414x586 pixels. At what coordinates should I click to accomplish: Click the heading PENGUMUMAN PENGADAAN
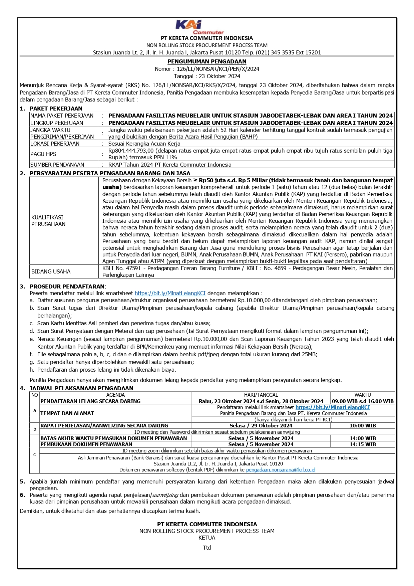pos(207,61)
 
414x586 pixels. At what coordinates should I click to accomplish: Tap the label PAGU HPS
pos(43,154)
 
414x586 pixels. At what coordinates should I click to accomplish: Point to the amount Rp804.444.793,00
pos(131,151)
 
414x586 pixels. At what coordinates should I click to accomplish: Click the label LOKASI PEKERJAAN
pos(55,144)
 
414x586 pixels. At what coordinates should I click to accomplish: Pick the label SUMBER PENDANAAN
pos(57,165)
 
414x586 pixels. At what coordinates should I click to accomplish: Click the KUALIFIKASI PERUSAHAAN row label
pos(48,221)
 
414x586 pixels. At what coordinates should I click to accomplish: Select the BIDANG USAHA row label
pos(51,271)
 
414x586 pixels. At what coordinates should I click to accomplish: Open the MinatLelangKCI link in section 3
pos(170,293)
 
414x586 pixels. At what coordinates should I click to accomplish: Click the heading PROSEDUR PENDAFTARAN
pos(67,286)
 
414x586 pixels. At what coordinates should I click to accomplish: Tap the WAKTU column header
pos(363,395)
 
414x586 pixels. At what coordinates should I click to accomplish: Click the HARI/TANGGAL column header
pos(261,395)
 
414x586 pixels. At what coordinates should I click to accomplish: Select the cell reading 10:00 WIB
pos(363,426)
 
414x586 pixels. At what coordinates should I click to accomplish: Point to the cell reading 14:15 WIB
pos(363,444)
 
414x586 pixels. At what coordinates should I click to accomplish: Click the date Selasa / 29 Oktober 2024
pos(261,426)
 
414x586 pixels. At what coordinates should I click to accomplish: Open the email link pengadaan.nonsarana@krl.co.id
pos(281,470)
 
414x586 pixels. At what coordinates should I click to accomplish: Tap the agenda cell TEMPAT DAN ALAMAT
pos(67,413)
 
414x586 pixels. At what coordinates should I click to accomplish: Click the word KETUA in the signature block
pos(207,538)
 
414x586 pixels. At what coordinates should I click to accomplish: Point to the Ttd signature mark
pos(207,548)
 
